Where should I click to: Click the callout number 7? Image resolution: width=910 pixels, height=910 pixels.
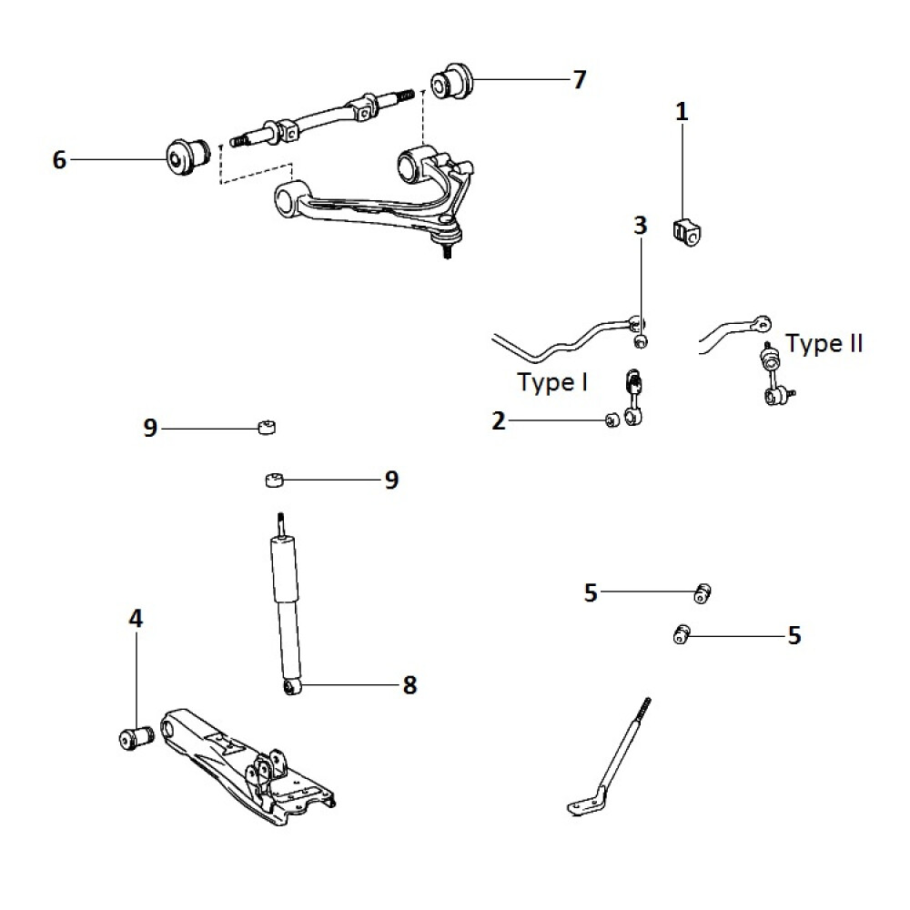point(579,80)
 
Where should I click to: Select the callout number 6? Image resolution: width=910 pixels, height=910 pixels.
point(60,160)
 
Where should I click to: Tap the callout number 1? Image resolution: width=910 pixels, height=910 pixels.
point(682,112)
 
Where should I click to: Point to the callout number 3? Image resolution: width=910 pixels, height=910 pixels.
point(640,225)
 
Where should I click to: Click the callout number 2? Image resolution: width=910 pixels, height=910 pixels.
point(498,420)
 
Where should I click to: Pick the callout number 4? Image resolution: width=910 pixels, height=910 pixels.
point(136,620)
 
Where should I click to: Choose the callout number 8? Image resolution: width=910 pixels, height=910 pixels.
point(409,685)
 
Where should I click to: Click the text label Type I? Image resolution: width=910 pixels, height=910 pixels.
point(551,382)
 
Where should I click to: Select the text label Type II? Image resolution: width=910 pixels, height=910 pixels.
point(824,344)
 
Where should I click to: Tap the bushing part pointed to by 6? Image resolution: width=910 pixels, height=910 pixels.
point(187,157)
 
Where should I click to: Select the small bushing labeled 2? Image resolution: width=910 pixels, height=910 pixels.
point(612,420)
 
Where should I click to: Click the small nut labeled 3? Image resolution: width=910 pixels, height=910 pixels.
point(641,341)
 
